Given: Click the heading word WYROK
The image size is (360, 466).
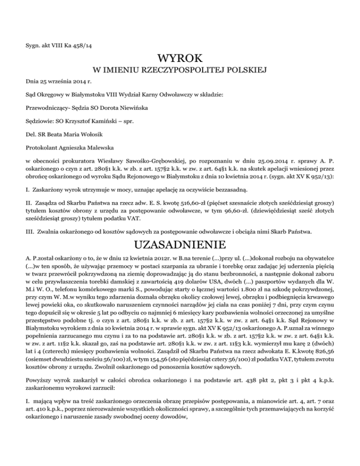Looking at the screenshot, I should pyautogui.click(x=180, y=59).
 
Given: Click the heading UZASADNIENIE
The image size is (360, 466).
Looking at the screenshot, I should pyautogui.click(x=180, y=244).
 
